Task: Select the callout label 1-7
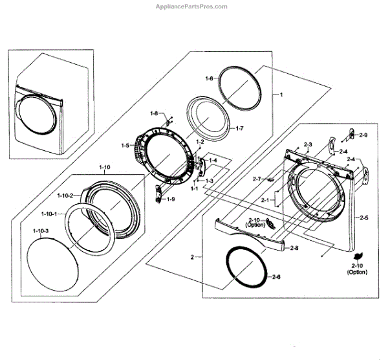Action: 239,129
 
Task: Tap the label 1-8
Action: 154,113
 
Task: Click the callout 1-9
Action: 171,199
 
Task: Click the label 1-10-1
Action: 47,214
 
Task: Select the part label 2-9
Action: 363,135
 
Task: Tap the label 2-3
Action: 308,144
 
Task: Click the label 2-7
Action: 257,179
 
